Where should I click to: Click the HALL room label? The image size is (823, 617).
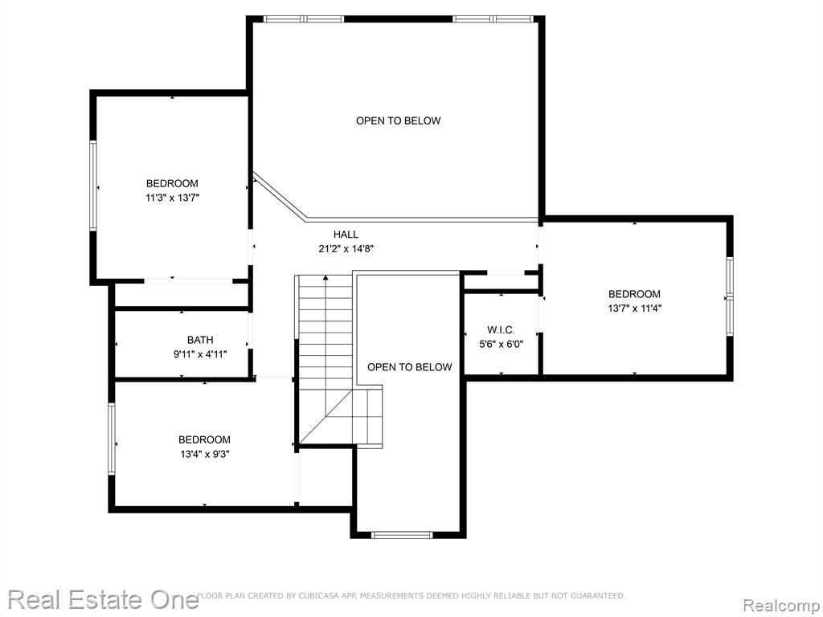(x=346, y=235)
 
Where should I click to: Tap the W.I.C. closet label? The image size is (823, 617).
(x=501, y=330)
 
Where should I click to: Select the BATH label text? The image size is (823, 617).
(x=200, y=340)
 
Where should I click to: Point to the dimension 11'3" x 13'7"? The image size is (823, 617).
(x=173, y=198)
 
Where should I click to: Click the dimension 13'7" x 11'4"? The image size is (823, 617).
(x=635, y=308)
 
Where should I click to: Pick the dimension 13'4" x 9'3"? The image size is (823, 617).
(x=205, y=455)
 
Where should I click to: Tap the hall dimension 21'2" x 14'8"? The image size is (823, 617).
(x=346, y=249)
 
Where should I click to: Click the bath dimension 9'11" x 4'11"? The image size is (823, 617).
(x=200, y=354)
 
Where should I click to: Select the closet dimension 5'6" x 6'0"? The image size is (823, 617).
(x=502, y=345)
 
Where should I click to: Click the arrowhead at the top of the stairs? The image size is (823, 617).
(x=326, y=277)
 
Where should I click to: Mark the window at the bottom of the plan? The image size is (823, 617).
(x=402, y=535)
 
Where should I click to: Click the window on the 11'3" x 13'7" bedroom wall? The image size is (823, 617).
(x=93, y=186)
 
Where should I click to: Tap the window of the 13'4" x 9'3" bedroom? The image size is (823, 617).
(x=111, y=439)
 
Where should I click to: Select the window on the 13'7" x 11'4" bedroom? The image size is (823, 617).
(x=730, y=296)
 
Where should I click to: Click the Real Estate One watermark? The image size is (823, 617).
(x=103, y=600)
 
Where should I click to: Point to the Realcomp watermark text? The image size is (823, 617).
(x=781, y=605)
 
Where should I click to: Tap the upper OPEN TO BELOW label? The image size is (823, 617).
(x=399, y=121)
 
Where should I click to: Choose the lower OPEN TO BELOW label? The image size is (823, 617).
(x=409, y=367)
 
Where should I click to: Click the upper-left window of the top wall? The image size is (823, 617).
(x=304, y=19)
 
